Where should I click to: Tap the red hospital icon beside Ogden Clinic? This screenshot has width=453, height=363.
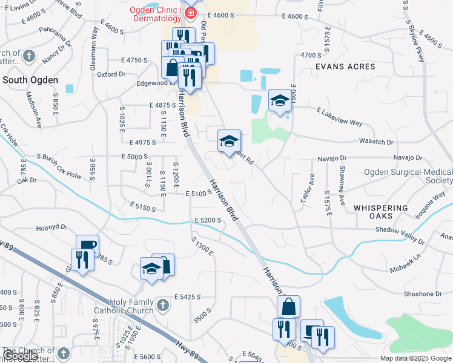pyautogui.click(x=190, y=13)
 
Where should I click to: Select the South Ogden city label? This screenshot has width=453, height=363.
pyautogui.click(x=30, y=80)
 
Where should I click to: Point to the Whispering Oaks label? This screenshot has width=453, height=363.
pyautogui.click(x=382, y=212)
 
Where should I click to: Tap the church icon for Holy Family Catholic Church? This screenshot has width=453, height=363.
pyautogui.click(x=162, y=306)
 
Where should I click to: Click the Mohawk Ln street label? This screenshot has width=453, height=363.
pyautogui.click(x=404, y=267)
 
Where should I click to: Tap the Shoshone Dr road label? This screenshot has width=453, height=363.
pyautogui.click(x=422, y=294)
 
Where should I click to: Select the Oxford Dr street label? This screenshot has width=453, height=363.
pyautogui.click(x=110, y=74)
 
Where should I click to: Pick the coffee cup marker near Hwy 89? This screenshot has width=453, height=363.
pyautogui.click(x=87, y=245)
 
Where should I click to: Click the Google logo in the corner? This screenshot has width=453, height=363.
pyautogui.click(x=20, y=356)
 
